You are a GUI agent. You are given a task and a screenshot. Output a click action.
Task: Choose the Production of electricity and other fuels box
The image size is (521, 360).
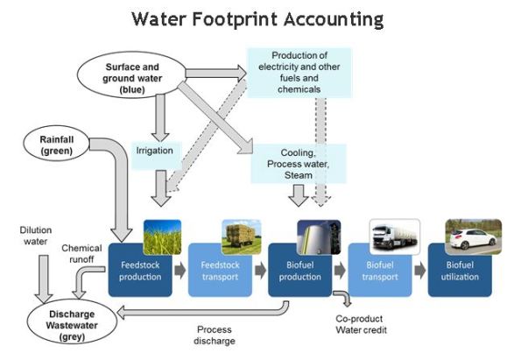coord(298,72)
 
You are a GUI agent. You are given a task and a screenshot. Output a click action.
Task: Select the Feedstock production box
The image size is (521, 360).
coord(136,272)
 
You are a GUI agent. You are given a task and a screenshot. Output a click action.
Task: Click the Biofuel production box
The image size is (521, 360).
coord(299,272)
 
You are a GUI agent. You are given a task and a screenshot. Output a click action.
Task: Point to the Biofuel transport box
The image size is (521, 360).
coord(379,272)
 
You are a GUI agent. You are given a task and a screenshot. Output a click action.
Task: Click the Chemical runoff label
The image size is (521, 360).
coord(81,253)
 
